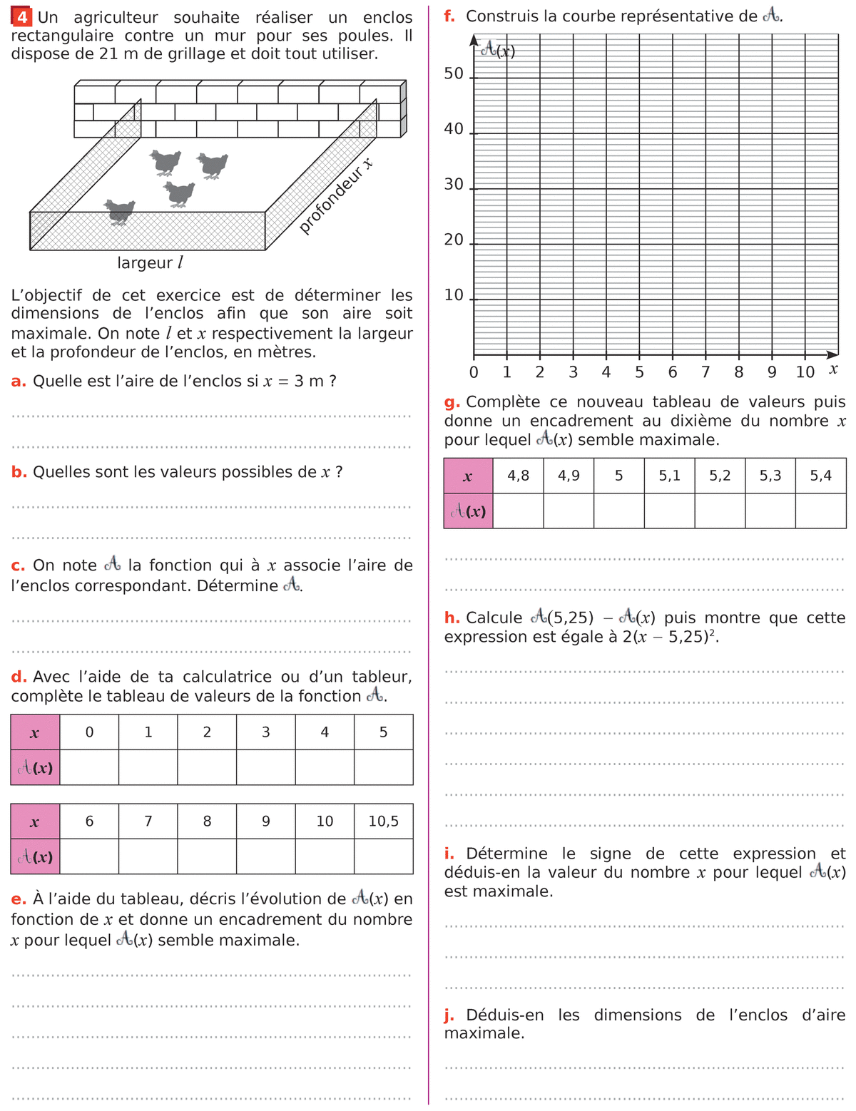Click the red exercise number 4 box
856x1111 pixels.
23,17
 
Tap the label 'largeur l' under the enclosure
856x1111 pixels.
150,263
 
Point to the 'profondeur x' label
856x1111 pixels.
335,196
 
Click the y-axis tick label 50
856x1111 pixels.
454,74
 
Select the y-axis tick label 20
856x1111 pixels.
454,240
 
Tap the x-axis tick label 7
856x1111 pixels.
705,372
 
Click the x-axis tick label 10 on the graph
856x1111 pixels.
805,372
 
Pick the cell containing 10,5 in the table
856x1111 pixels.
383,821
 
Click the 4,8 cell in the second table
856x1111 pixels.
518,476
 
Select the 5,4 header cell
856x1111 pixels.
820,476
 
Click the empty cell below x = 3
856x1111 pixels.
265,767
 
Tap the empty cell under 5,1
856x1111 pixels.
669,511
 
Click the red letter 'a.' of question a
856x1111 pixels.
19,382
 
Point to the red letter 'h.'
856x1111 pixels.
452,618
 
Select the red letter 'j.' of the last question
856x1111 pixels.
449,1015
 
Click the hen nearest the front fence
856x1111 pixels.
119,211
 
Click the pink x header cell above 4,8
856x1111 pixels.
468,476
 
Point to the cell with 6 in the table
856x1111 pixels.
89,821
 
